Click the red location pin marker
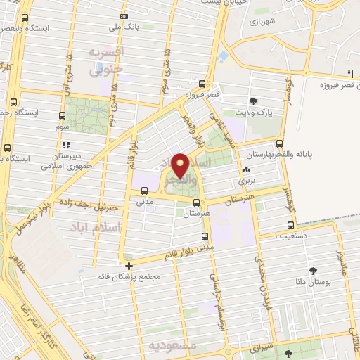pyautogui.click(x=180, y=165)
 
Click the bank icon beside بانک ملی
pyautogui.click(x=124, y=15)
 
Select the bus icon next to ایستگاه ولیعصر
pyautogui.click(x=26, y=18)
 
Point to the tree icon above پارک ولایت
pyautogui.click(x=253, y=101)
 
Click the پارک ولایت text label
pyautogui.click(x=254, y=112)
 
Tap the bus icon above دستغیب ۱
pyautogui.click(x=290, y=226)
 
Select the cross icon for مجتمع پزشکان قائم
pyautogui.click(x=129, y=266)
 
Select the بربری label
pyautogui.click(x=246, y=181)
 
